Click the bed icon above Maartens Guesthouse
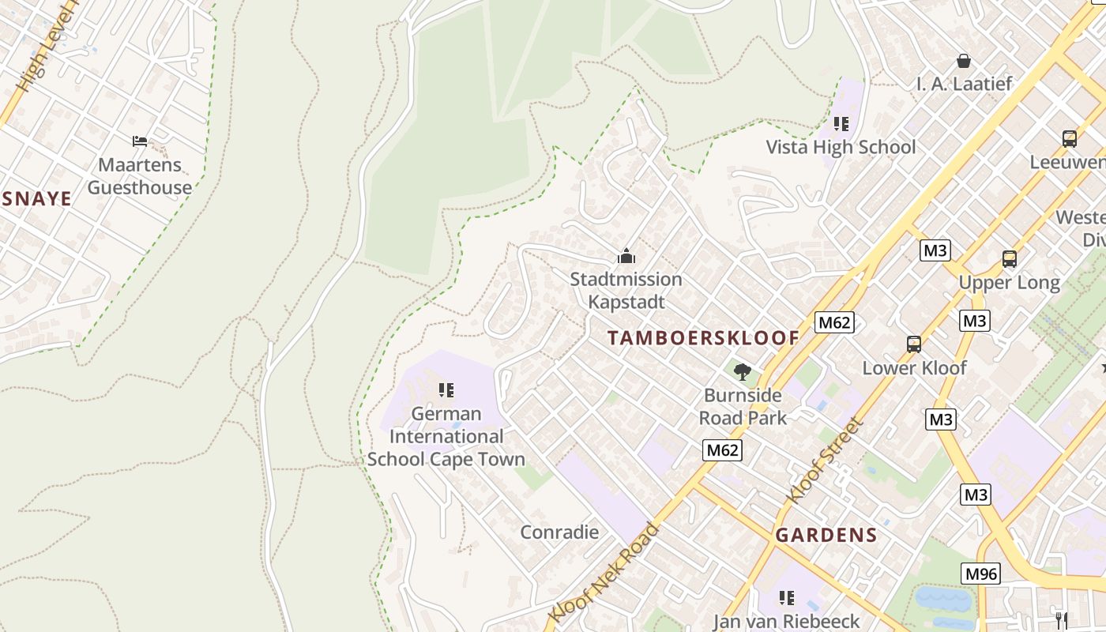click(140, 141)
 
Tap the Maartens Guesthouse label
click(140, 176)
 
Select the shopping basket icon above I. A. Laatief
click(963, 61)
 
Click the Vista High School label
click(841, 147)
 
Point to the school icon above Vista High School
click(841, 124)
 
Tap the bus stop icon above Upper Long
click(1009, 258)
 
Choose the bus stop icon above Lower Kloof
click(914, 344)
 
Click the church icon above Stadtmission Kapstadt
click(626, 256)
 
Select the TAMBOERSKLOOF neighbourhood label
click(703, 338)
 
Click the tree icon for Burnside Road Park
click(742, 372)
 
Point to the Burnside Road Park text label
click(743, 407)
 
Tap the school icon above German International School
click(446, 390)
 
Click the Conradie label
click(559, 532)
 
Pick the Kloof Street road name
click(822, 461)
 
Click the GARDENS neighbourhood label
click(826, 535)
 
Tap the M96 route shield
click(980, 574)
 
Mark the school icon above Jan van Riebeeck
click(786, 598)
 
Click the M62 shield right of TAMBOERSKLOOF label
click(834, 322)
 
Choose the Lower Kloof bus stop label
click(914, 368)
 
